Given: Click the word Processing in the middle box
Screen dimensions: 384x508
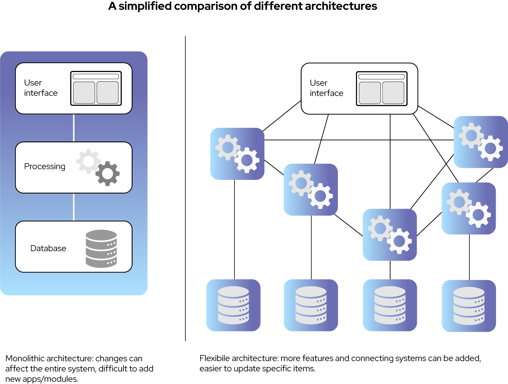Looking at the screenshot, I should [x=45, y=167].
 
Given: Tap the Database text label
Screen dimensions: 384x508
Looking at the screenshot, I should [x=48, y=248].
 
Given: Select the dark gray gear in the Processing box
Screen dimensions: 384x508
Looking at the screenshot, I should [x=108, y=174].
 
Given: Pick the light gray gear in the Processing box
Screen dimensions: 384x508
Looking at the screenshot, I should [x=88, y=161].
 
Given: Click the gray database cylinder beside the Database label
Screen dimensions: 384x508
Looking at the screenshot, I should [x=101, y=248].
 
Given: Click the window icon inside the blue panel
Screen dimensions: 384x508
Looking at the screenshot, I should [x=96, y=88].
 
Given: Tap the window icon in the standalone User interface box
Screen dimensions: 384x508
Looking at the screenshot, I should [x=382, y=89].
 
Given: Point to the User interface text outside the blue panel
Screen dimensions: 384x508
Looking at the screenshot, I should [x=326, y=88].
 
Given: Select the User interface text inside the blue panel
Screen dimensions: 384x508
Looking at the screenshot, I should [x=41, y=88].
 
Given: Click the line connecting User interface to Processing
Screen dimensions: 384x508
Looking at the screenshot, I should [x=74, y=128].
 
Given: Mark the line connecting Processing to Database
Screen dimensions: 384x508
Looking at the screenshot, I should [x=74, y=207].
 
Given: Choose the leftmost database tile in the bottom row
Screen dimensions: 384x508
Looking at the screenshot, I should [x=233, y=305].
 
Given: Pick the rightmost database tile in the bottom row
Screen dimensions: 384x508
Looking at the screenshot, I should [x=469, y=306].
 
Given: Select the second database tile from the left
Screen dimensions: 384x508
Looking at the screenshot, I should [x=311, y=305].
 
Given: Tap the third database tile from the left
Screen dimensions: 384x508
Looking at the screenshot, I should [x=390, y=305].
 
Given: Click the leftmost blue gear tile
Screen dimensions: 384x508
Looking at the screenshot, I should [x=237, y=154].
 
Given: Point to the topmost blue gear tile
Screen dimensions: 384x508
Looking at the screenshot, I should [x=481, y=142].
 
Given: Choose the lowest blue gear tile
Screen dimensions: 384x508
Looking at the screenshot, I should [x=389, y=234].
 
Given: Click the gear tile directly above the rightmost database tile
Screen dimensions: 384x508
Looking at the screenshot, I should [x=469, y=208].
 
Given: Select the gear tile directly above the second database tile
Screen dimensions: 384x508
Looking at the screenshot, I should [x=311, y=189].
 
